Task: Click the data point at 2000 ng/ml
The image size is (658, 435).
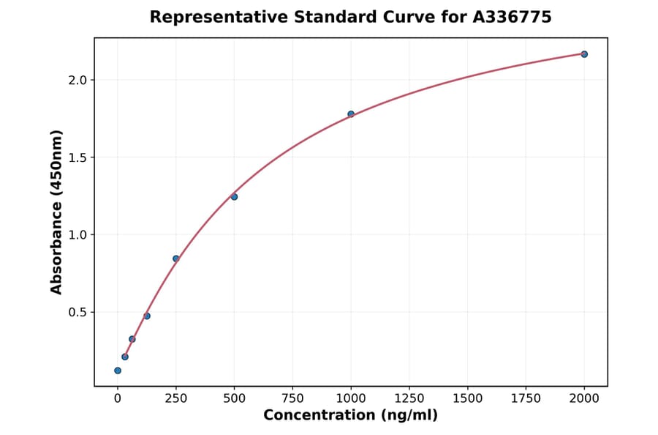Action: pos(584,54)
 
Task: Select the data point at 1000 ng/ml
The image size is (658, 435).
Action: pos(351,114)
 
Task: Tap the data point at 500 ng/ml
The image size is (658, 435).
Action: pos(234,196)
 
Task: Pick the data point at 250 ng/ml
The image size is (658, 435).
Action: pos(176,259)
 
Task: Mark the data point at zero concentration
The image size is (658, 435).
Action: pos(118,371)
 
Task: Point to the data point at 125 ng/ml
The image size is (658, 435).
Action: pos(147,316)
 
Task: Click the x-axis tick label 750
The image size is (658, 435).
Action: pos(292,398)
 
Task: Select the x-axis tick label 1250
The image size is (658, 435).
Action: pos(409,398)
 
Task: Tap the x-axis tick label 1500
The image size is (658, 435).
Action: pos(468,398)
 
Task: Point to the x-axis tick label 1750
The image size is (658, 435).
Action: pos(526,398)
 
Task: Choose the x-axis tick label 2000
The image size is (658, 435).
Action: pos(584,398)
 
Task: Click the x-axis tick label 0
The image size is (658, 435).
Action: pos(118,398)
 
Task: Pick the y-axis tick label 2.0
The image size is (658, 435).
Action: pos(76,80)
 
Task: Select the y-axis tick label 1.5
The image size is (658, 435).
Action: pos(76,157)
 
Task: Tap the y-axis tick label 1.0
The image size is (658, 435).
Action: pos(76,235)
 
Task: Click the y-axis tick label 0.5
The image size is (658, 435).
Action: pos(76,313)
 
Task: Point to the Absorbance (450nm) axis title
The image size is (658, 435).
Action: pos(57,212)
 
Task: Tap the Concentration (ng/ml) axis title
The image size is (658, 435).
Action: pos(351,416)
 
